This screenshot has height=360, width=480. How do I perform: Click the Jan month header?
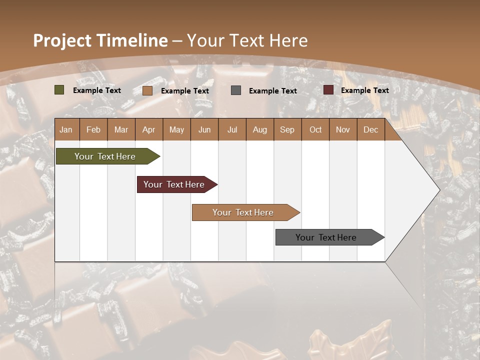66,129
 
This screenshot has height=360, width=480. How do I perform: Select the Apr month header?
148,129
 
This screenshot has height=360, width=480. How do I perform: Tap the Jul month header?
232,129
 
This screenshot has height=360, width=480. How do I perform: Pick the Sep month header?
287,129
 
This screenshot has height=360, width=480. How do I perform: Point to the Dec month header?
370,129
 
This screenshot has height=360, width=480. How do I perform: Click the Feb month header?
93,129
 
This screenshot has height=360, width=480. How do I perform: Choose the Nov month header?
342,129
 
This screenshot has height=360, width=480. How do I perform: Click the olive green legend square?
59,90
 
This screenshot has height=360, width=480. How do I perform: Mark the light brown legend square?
147,90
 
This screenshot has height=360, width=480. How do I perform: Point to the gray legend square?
236,90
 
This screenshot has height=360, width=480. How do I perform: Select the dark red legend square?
328,90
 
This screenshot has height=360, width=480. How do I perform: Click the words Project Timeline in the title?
100,40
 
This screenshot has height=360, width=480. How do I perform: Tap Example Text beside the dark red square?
364,90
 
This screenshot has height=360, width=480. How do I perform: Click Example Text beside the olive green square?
96,90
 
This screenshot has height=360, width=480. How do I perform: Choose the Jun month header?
204,129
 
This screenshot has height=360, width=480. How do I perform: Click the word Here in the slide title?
288,40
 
